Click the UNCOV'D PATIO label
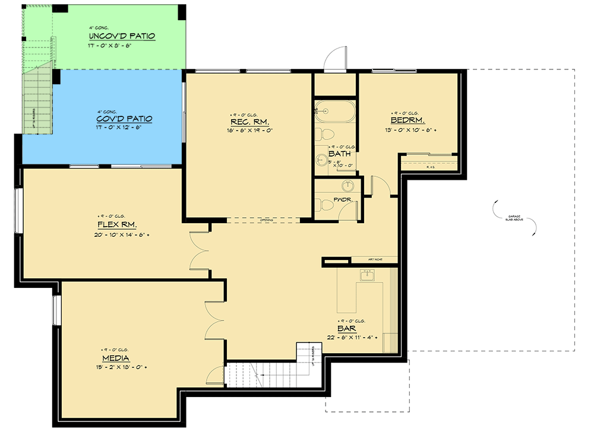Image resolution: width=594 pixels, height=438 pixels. [x=122, y=36]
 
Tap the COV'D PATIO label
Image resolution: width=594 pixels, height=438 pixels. [x=125, y=119]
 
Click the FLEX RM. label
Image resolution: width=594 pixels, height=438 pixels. [x=117, y=225]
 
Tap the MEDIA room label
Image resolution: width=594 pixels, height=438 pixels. [x=116, y=358]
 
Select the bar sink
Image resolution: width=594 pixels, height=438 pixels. [x=367, y=275]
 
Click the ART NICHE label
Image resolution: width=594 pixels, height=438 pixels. [x=374, y=260]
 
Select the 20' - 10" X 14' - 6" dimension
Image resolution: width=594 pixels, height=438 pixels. [x=117, y=235]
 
